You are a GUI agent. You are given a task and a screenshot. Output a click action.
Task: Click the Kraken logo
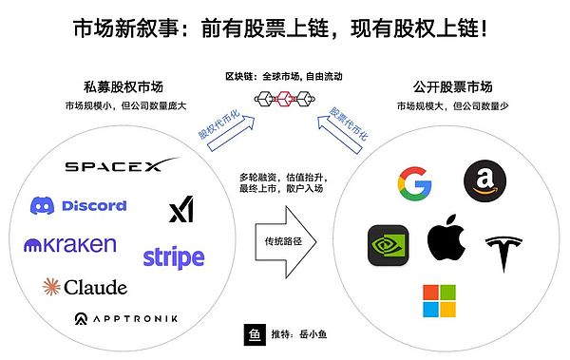70,245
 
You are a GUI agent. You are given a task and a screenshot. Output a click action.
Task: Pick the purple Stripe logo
173,256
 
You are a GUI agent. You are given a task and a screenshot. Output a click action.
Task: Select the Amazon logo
484,181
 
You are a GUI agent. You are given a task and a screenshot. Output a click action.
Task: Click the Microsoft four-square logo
439,300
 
